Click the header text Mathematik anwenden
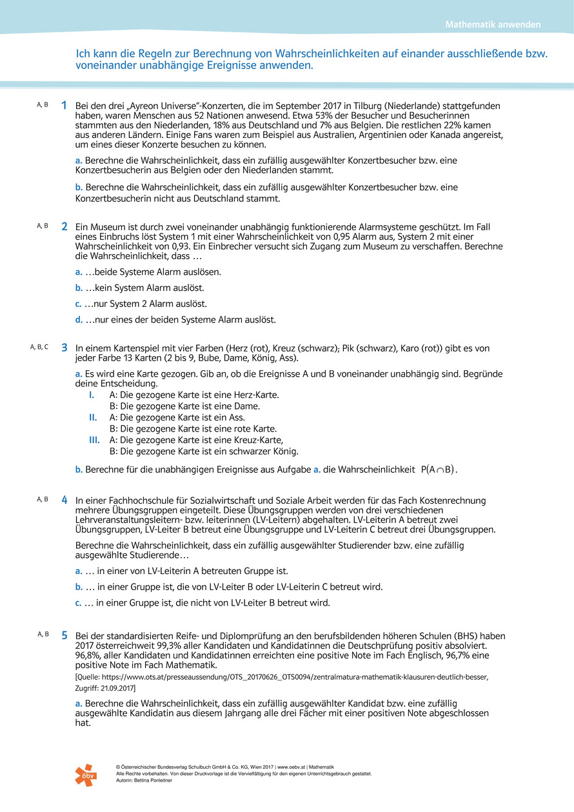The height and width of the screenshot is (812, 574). (x=493, y=25)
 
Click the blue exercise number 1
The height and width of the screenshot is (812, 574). (x=64, y=105)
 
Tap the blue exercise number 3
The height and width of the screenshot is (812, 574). (x=64, y=348)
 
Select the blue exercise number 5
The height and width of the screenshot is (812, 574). (x=64, y=635)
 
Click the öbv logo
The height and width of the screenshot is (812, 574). (x=85, y=775)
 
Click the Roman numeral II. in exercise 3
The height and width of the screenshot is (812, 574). (x=93, y=418)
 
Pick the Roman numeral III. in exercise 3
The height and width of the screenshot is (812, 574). (x=94, y=440)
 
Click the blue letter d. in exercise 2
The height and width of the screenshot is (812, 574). (x=79, y=319)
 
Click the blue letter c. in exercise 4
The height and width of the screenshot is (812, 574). (x=79, y=603)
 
